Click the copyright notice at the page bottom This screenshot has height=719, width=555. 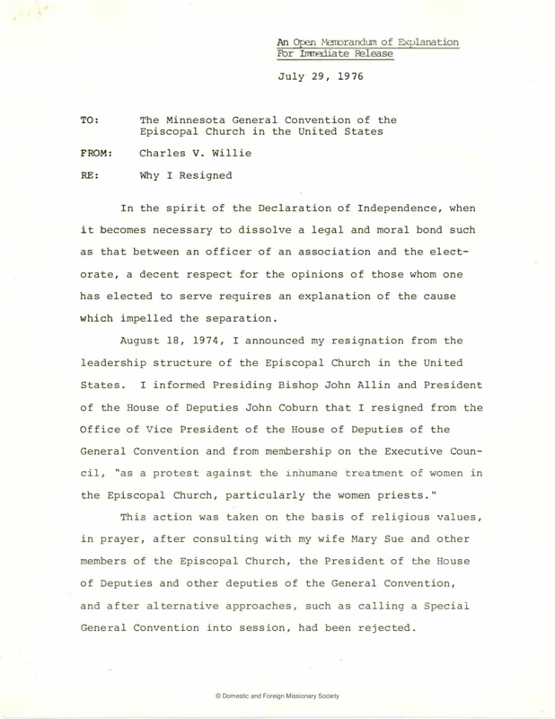277,696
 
